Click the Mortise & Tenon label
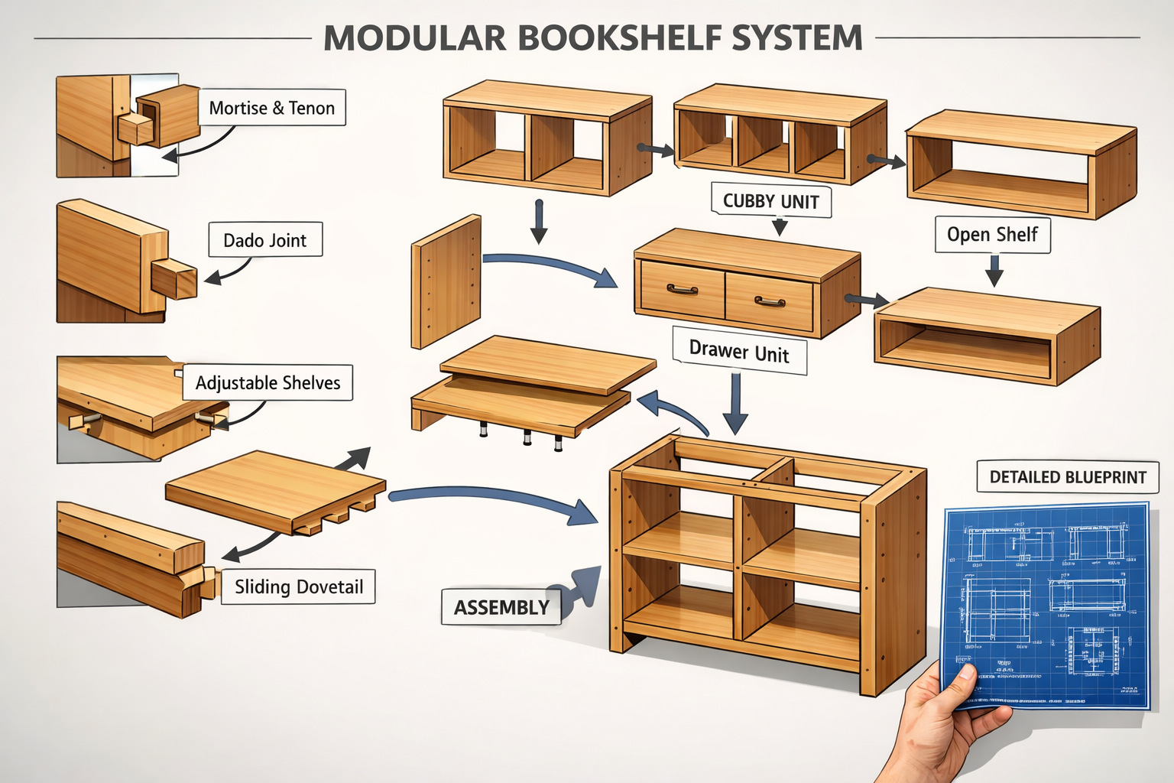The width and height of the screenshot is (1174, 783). click(272, 108)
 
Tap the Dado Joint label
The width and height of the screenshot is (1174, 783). click(265, 240)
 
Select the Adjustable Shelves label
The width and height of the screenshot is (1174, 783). click(268, 382)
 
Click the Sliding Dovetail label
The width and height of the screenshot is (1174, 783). click(298, 586)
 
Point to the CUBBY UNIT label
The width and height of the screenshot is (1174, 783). click(770, 201)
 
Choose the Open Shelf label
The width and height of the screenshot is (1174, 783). click(992, 234)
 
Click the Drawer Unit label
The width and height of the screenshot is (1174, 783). click(739, 352)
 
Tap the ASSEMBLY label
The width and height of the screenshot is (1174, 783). click(501, 607)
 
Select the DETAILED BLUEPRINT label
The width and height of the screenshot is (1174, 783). click(1068, 477)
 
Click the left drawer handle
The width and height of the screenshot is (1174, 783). click(682, 290)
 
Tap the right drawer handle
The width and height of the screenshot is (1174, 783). click(770, 302)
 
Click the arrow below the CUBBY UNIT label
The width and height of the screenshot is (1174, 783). click(780, 226)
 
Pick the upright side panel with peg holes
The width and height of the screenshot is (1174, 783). click(446, 281)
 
